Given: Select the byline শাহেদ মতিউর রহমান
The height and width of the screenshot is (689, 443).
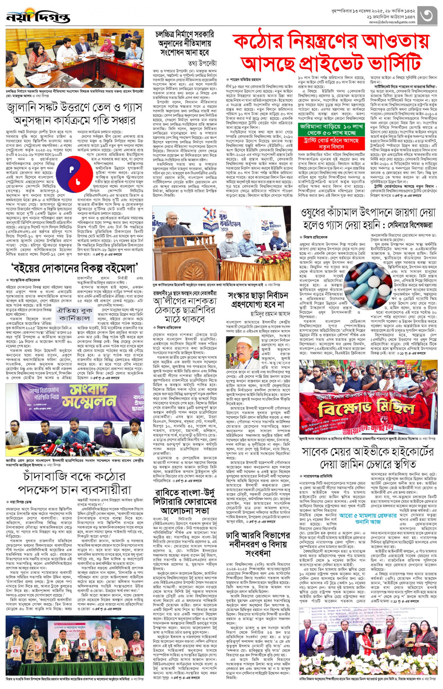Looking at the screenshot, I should [x=245, y=80].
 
